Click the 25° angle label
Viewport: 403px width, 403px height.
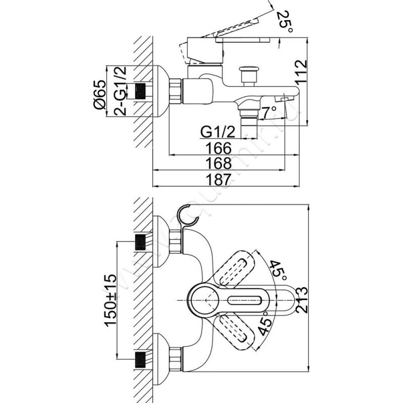pyautogui.click(x=285, y=21)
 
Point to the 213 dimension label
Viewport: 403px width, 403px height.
pyautogui.click(x=302, y=300)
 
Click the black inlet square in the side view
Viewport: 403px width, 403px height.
pyautogui.click(x=142, y=91)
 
